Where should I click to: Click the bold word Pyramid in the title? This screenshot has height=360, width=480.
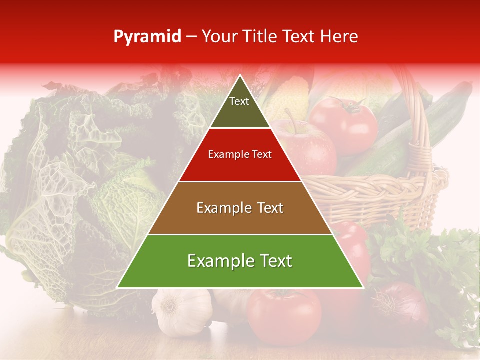tap(147, 37)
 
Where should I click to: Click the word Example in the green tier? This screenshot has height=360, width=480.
tap(218, 261)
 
